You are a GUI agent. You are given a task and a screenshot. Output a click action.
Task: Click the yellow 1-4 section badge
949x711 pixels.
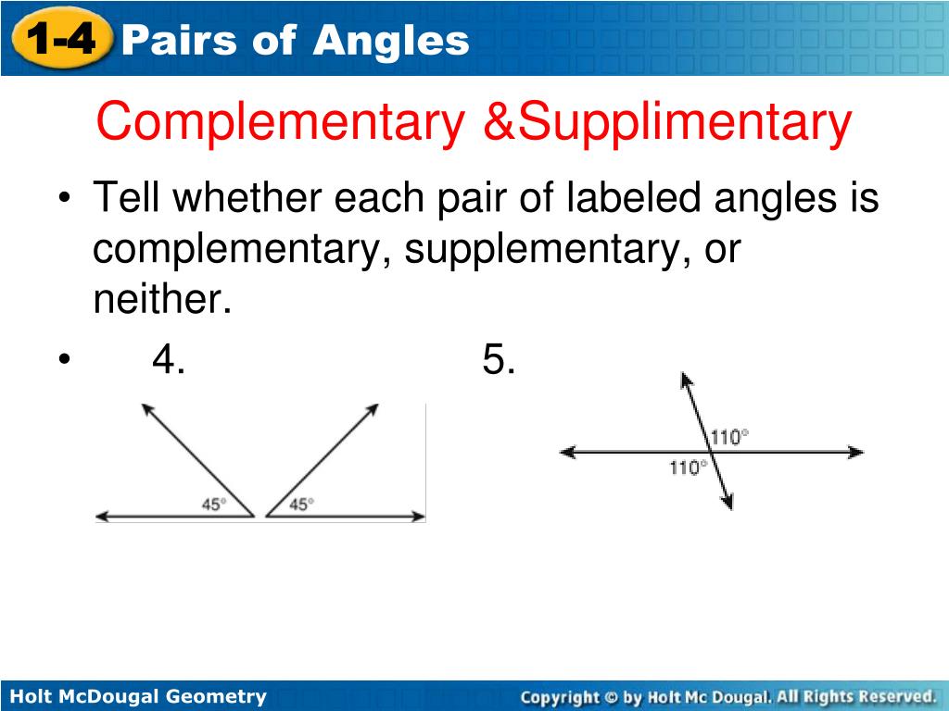tap(60, 39)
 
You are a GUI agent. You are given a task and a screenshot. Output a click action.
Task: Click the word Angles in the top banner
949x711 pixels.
tap(391, 40)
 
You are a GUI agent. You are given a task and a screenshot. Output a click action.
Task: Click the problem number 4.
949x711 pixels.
tap(168, 359)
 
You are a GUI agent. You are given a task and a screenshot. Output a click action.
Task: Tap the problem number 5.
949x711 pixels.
tap(499, 359)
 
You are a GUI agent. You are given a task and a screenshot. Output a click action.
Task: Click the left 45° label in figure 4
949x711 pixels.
tap(214, 505)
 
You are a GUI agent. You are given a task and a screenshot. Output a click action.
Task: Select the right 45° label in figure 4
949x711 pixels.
tap(301, 505)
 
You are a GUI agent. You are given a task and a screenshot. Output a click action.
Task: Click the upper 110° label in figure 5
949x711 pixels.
tap(729, 436)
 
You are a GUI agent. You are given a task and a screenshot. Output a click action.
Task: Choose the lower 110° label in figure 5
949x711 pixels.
tap(689, 468)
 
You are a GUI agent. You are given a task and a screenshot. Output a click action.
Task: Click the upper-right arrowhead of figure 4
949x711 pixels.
tap(373, 407)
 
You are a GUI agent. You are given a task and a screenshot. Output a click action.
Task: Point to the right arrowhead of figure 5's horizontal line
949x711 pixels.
tap(856, 452)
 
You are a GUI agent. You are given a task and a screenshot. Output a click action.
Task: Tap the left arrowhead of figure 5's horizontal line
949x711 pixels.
tap(566, 452)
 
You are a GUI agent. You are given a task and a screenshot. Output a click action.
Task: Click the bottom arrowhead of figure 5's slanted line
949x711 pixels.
tap(728, 503)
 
